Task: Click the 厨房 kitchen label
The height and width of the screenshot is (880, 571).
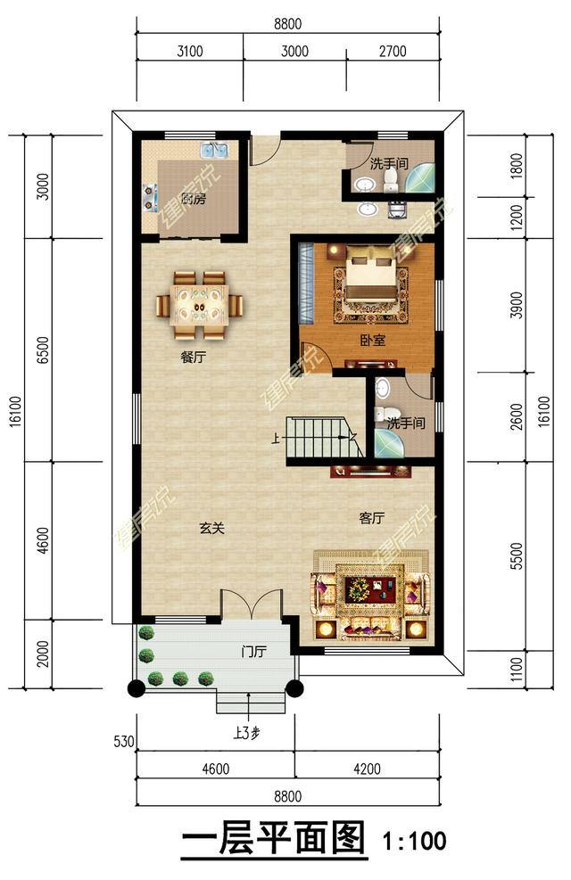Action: pyautogui.click(x=193, y=199)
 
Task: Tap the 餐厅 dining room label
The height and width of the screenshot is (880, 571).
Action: pyautogui.click(x=193, y=357)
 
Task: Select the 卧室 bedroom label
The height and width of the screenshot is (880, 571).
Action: pyautogui.click(x=372, y=340)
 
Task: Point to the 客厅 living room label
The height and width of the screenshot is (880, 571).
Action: pyautogui.click(x=372, y=518)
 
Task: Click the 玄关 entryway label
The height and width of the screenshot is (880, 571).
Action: pyautogui.click(x=212, y=528)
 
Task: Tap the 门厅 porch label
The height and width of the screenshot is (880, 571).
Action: pyautogui.click(x=253, y=652)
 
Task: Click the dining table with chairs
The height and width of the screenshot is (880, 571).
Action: pyautogui.click(x=199, y=305)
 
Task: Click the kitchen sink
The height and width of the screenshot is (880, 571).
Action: pyautogui.click(x=214, y=150)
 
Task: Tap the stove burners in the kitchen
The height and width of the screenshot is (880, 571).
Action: pyautogui.click(x=150, y=199)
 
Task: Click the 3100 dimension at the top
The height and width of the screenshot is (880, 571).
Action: pyautogui.click(x=190, y=51)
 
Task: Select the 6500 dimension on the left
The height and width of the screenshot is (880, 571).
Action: pyautogui.click(x=44, y=350)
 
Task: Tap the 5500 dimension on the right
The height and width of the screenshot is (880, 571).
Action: pyautogui.click(x=517, y=555)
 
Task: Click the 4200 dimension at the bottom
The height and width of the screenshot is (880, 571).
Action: pyautogui.click(x=367, y=769)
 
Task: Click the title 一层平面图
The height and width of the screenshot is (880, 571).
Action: pyautogui.click(x=273, y=839)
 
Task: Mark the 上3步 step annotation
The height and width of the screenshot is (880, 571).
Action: pyautogui.click(x=246, y=732)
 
